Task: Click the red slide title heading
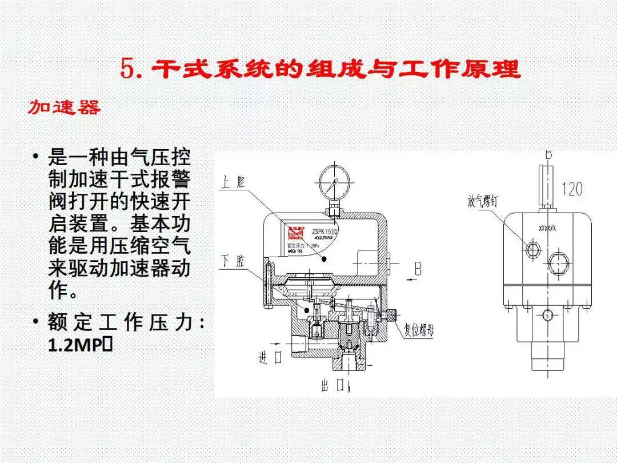click(320, 69)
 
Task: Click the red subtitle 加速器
click(65, 107)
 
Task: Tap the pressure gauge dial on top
click(334, 183)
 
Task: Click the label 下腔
click(233, 261)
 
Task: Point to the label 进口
click(271, 358)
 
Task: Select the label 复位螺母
click(419, 330)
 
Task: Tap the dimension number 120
click(572, 189)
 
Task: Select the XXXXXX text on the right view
click(547, 228)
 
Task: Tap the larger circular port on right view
click(558, 264)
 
